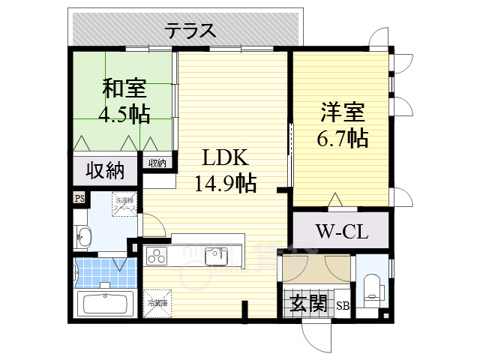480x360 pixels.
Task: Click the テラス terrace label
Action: [x=190, y=31]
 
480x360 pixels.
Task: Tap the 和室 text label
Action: [x=124, y=88]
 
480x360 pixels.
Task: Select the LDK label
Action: [x=223, y=158]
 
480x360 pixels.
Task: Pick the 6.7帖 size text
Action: [x=342, y=139]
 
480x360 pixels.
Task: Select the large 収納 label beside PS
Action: [x=104, y=171]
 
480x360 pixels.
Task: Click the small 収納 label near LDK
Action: [x=157, y=163]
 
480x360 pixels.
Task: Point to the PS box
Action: [x=79, y=198]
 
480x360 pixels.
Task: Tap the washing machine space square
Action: [x=124, y=205]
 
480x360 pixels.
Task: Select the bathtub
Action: [x=105, y=304]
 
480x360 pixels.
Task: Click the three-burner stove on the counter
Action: [x=158, y=256]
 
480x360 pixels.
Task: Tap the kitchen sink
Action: [x=217, y=255]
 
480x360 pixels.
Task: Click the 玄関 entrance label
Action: [x=308, y=304]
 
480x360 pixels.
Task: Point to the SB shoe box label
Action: [x=343, y=305]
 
